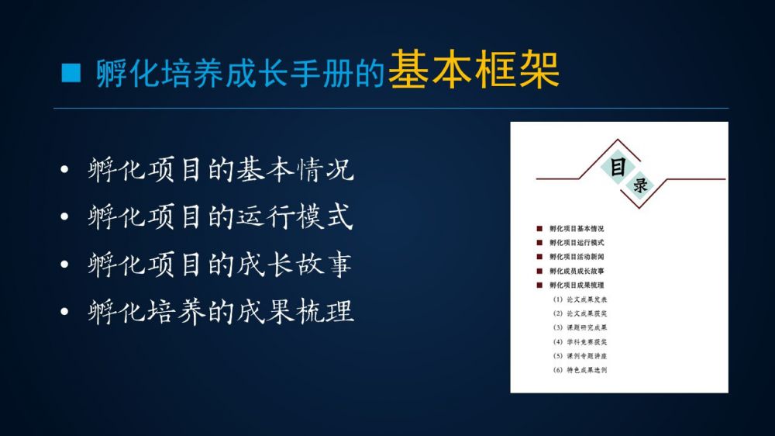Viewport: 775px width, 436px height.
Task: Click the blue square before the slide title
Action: pos(71,72)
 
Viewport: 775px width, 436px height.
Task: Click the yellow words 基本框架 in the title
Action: pos(474,71)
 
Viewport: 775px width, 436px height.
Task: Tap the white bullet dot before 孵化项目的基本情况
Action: pos(64,170)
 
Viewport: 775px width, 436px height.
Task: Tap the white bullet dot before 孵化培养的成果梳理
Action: pos(64,312)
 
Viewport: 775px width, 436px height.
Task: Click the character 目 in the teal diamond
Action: pos(618,168)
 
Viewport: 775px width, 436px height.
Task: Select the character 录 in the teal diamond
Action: pos(641,185)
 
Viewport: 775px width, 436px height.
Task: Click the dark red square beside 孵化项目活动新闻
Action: pos(539,257)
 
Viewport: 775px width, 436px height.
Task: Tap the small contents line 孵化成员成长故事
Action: pos(577,272)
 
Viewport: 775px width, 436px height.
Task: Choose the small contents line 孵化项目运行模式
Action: pos(577,243)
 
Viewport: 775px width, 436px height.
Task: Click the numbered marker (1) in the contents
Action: pos(558,299)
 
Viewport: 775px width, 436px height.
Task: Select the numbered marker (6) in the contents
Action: pos(558,370)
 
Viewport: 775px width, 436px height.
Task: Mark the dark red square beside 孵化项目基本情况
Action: pos(539,229)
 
